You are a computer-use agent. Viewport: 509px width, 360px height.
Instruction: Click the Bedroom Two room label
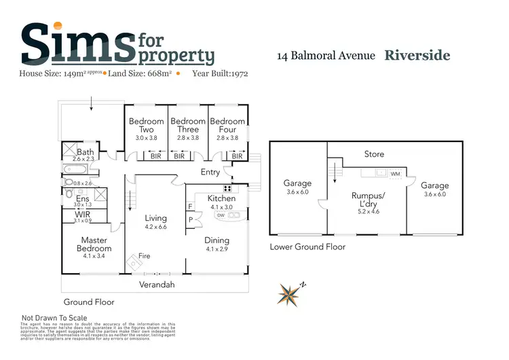click(147, 126)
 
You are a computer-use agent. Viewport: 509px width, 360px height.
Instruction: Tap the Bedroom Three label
click(188, 126)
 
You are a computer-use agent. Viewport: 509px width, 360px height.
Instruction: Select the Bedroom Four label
click(227, 126)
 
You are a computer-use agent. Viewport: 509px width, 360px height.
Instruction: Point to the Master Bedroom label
click(94, 245)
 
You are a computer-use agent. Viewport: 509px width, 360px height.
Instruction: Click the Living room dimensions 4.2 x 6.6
click(156, 228)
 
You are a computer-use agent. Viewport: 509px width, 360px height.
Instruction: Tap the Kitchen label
click(221, 198)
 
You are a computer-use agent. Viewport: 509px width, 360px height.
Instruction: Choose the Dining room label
click(216, 240)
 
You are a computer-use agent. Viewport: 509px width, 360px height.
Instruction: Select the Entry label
click(210, 173)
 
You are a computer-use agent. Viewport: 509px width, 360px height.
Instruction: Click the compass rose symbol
click(290, 293)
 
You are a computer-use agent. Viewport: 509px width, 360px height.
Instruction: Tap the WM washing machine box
click(396, 175)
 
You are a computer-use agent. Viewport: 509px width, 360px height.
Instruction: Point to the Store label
click(374, 154)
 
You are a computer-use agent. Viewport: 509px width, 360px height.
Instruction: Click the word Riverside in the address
click(417, 55)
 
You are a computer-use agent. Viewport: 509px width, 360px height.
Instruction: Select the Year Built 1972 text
click(221, 72)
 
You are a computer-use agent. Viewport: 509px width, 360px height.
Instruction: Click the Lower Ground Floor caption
click(307, 247)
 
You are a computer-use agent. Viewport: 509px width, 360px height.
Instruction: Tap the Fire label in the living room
click(144, 256)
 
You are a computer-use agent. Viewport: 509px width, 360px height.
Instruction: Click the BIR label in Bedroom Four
click(237, 156)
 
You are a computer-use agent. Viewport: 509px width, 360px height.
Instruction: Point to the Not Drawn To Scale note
click(55, 317)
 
